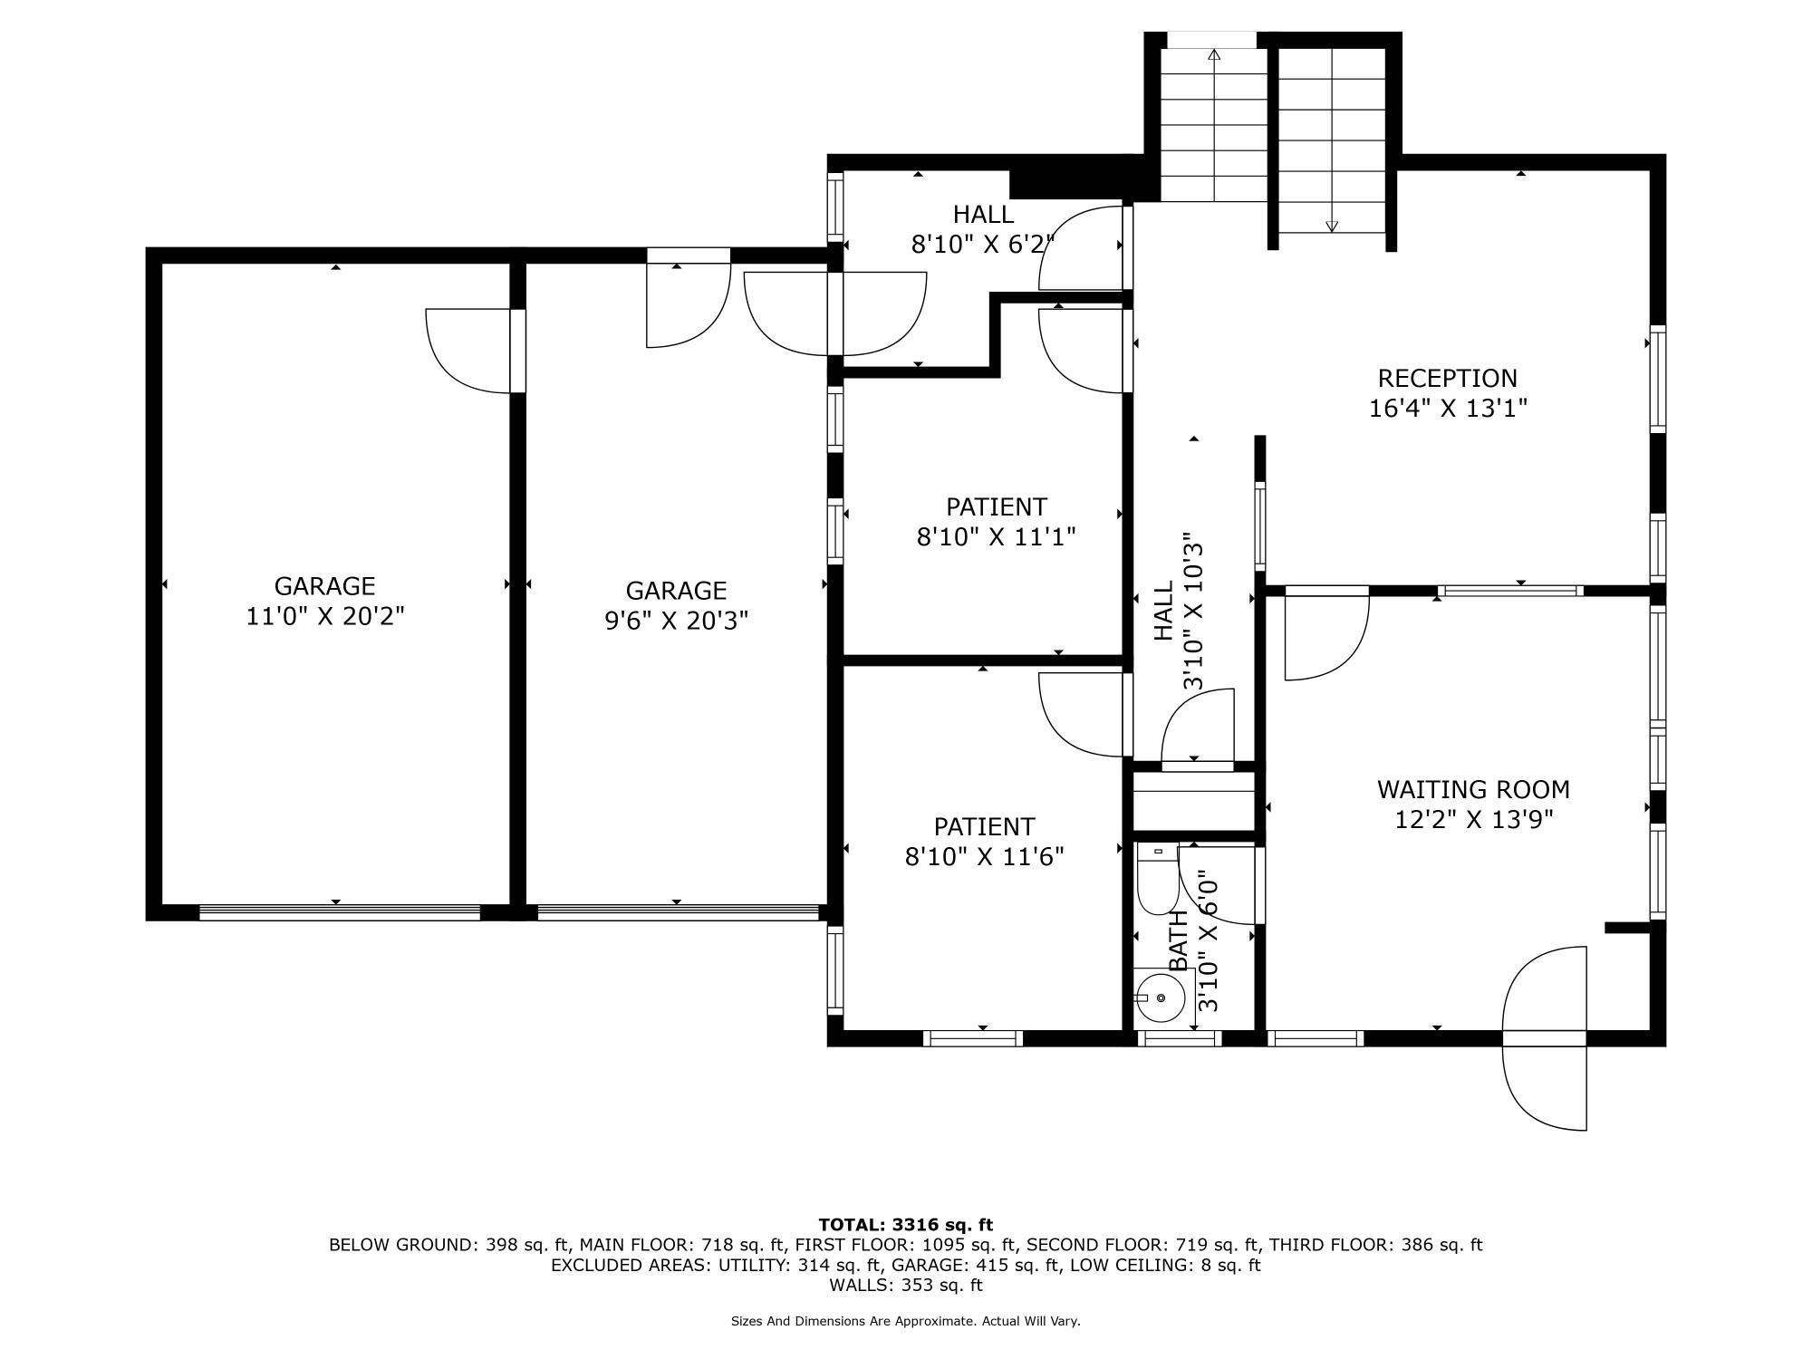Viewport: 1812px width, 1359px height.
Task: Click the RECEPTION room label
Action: pos(1447,378)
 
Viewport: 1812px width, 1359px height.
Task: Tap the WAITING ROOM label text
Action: pos(1473,789)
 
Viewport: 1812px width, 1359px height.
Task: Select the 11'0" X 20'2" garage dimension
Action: pos(324,617)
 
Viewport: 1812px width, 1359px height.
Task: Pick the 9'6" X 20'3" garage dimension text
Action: pos(676,621)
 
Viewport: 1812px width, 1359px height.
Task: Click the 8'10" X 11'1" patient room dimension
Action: pos(996,537)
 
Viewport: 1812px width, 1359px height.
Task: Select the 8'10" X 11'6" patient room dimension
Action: pos(984,857)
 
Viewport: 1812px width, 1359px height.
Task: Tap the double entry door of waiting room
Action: pos(1545,1037)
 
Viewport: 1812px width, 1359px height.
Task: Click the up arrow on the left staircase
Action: pos(1214,55)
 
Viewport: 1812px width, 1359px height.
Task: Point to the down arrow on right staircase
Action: pos(1331,226)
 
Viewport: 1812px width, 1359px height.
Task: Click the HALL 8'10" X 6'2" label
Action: pos(983,229)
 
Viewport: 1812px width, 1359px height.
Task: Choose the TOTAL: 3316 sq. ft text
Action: pos(905,1225)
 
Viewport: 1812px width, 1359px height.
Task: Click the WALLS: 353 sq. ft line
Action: pos(905,1285)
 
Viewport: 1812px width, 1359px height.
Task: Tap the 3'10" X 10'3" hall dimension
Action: pos(1194,611)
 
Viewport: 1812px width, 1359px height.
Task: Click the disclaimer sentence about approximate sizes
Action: pos(905,1321)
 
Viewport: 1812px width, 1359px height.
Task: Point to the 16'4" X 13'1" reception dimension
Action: pos(1447,409)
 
